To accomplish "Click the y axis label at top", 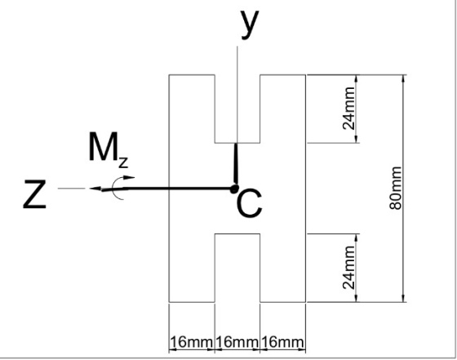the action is (250, 24).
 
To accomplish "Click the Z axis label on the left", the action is (34, 194).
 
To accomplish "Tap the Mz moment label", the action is (108, 150).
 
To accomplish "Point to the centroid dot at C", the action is (233, 189).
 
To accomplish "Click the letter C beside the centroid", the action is (250, 203).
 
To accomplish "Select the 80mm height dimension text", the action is (396, 188).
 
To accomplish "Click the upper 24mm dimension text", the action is (349, 109).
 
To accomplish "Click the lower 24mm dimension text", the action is (349, 268).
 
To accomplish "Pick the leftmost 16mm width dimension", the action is (191, 342).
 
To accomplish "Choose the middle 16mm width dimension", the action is (237, 342).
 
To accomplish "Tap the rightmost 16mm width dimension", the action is (282, 342).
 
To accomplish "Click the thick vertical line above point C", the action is (236, 164).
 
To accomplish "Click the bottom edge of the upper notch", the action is (237, 143).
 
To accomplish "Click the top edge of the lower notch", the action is (237, 233).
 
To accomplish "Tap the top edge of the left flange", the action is (192, 75).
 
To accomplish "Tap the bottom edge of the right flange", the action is (282, 302).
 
